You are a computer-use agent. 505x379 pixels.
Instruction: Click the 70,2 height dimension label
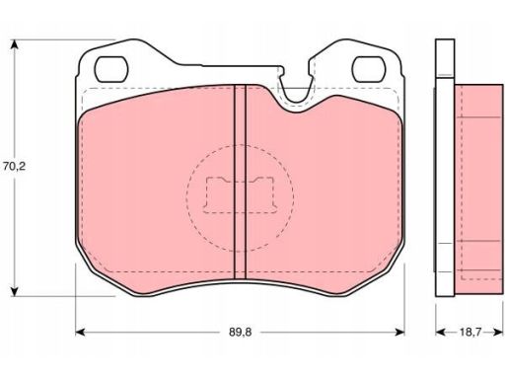14,167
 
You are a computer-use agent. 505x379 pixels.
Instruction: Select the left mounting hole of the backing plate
110,69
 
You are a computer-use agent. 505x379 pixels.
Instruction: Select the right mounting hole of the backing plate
369,69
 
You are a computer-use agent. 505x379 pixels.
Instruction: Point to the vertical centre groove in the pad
240,182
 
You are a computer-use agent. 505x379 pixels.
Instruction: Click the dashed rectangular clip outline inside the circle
240,194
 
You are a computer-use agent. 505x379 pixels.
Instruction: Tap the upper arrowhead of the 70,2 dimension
14,44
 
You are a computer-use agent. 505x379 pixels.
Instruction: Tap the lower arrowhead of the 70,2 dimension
14,291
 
